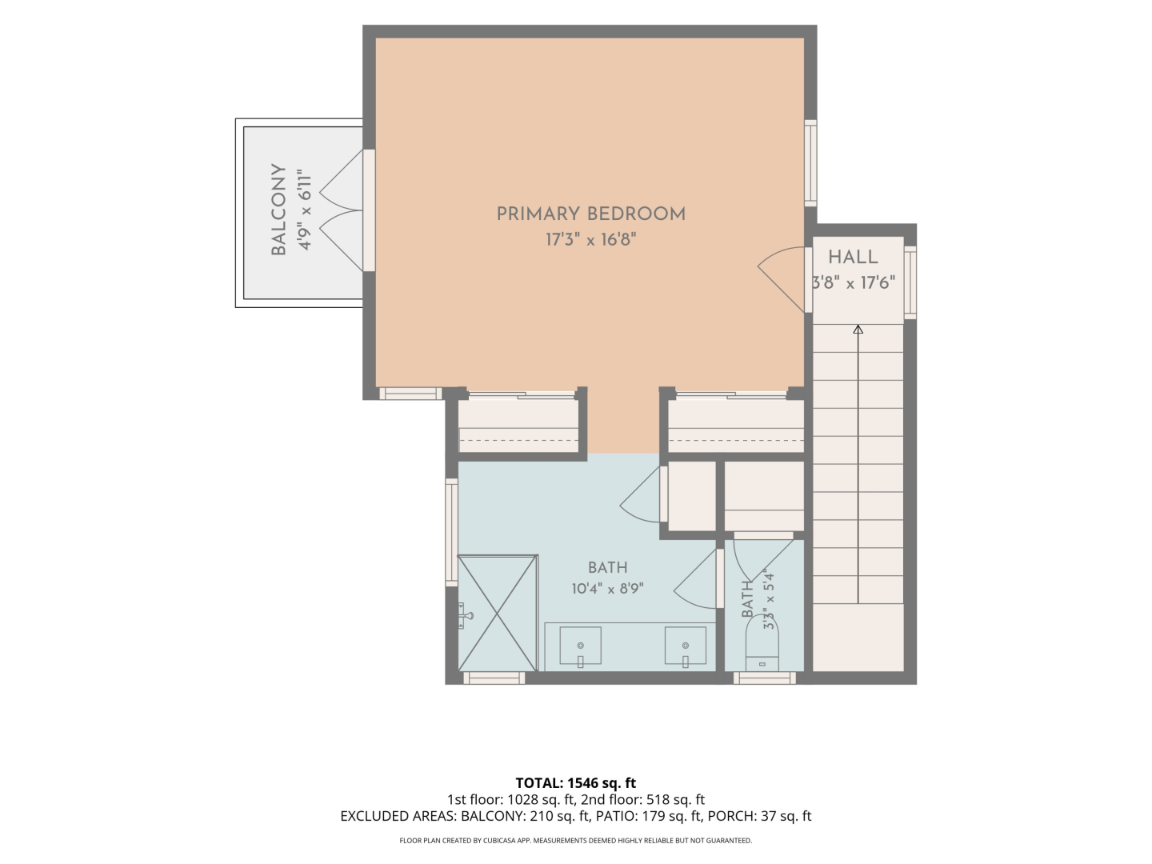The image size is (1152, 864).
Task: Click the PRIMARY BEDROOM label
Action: pos(591,214)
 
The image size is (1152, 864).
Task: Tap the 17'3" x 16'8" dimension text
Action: pos(591,240)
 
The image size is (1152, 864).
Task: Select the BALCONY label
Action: pos(278,210)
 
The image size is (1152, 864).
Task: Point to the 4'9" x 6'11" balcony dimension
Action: pos(305,210)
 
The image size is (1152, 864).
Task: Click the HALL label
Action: pos(853,257)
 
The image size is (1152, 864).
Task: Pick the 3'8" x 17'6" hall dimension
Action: pos(854,282)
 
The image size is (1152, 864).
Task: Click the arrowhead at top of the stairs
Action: pos(858,330)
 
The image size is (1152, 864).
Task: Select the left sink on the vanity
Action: pos(580,647)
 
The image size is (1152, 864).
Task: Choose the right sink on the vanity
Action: pos(686,647)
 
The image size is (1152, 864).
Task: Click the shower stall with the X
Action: pos(498,613)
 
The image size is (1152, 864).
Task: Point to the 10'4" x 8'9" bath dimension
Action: pos(608,589)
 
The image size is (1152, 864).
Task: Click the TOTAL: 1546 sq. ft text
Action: pos(576,783)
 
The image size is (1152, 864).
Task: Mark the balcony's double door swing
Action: pos(341,210)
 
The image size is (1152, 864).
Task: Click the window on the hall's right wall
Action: pos(910,282)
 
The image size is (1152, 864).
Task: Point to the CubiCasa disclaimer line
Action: pos(576,841)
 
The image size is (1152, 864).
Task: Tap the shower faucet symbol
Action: pos(465,615)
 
